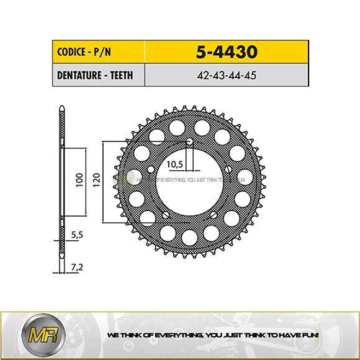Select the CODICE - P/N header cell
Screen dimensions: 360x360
[80, 51]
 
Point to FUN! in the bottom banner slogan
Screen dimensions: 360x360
[308, 335]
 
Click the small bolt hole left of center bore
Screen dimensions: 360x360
[150, 169]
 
